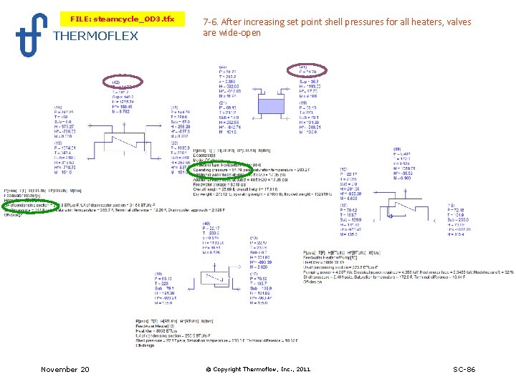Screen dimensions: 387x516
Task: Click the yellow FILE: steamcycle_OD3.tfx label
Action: pyautogui.click(x=122, y=18)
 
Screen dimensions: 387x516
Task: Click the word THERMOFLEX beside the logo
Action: pyautogui.click(x=95, y=36)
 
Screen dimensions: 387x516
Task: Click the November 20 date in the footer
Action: pyautogui.click(x=65, y=369)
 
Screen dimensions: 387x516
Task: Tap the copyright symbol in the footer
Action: pyautogui.click(x=208, y=369)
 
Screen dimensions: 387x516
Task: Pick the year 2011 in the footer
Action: pyautogui.click(x=301, y=369)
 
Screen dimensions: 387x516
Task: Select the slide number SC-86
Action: pyautogui.click(x=464, y=369)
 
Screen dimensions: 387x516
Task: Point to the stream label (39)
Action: pyautogui.click(x=396, y=149)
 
